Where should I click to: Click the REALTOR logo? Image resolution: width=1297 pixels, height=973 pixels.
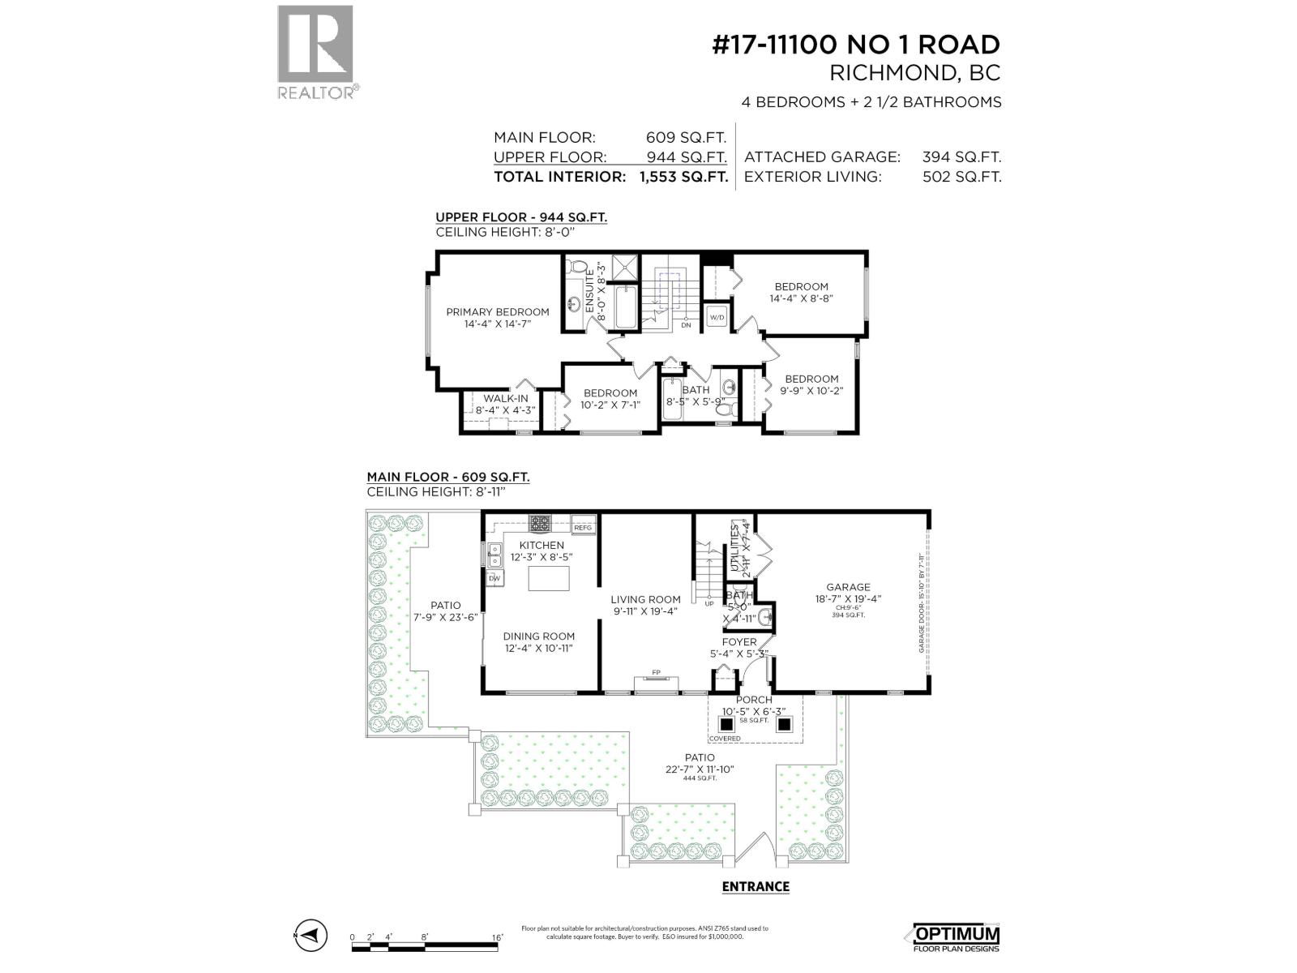tap(316, 52)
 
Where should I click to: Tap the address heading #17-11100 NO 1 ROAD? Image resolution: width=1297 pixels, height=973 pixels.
tap(856, 45)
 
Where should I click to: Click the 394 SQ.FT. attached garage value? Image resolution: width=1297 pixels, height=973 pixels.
tap(961, 157)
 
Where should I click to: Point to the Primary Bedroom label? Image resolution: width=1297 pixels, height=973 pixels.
tap(497, 312)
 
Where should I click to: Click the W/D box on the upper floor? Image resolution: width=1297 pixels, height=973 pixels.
tap(717, 318)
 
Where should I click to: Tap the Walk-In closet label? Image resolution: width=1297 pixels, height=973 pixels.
tap(505, 398)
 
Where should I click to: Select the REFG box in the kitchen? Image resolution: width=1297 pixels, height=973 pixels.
tap(583, 528)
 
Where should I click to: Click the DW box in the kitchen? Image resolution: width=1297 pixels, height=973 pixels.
tap(494, 578)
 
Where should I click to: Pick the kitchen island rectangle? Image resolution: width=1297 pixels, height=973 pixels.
tap(549, 579)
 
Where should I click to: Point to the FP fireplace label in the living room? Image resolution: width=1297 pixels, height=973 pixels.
tap(657, 672)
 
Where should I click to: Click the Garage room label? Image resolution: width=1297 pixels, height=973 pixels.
tap(848, 587)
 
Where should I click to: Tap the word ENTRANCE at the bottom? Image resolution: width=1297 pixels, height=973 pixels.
tap(756, 886)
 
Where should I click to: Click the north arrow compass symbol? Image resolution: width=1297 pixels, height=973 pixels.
tap(310, 936)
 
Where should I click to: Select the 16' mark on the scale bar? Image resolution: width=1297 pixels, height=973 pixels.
tap(496, 937)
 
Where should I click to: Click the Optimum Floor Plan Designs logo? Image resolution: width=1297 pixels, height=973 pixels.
tap(957, 937)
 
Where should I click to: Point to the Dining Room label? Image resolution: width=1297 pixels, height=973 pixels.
tap(538, 637)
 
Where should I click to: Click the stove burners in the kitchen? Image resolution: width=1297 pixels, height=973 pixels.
tap(540, 523)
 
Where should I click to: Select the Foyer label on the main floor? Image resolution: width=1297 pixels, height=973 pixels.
tap(738, 642)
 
